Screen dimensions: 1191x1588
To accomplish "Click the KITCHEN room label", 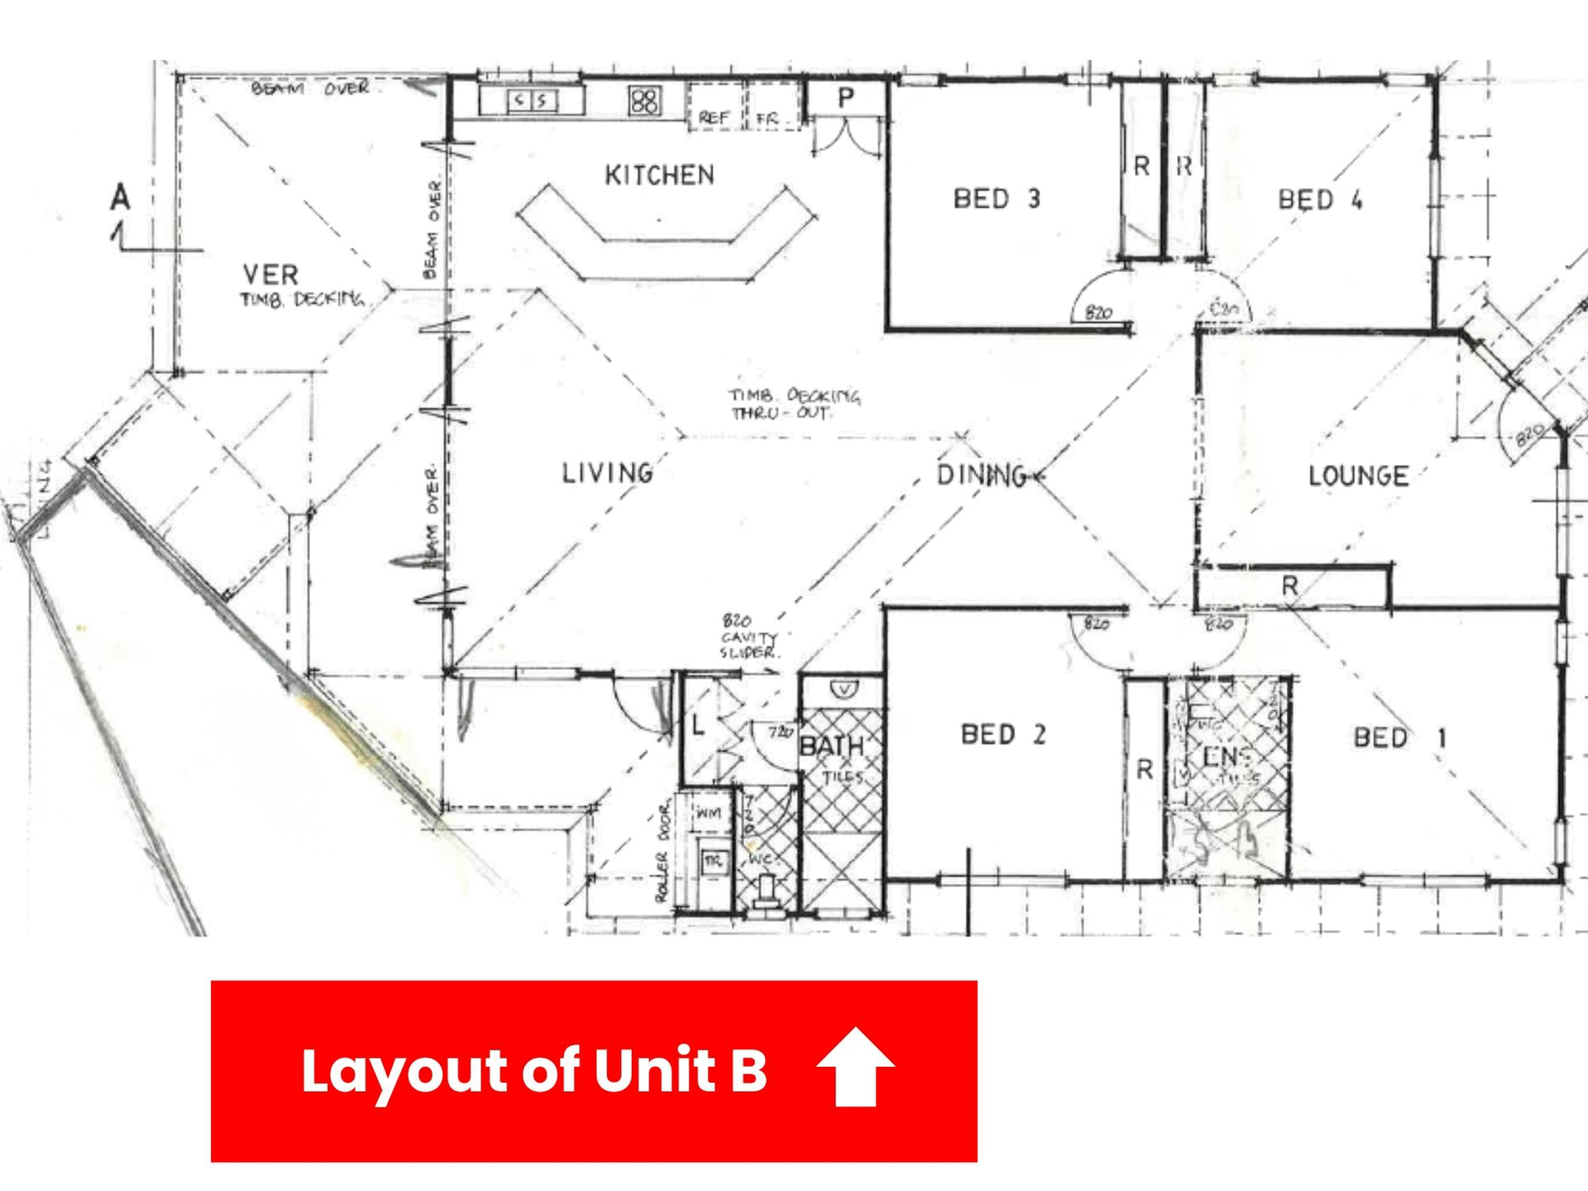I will point(659,175).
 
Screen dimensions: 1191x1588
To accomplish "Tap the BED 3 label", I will point(997,198).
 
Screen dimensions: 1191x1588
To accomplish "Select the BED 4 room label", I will point(1320,199).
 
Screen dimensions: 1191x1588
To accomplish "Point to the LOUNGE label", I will point(1358,476).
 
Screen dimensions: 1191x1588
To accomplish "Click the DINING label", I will point(983,475).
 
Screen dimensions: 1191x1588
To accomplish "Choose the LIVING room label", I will point(608,473).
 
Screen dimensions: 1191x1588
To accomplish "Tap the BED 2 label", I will point(1003,734).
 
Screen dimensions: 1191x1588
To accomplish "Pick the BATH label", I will point(832,746).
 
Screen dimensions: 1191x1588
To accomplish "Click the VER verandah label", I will point(270,275).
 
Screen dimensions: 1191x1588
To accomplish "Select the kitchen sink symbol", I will point(531,101).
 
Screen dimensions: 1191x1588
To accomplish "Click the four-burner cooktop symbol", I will point(644,101).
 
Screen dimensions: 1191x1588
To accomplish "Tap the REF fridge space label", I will point(714,118).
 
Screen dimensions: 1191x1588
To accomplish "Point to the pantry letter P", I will point(845,98).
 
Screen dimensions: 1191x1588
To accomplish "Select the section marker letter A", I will point(121,198).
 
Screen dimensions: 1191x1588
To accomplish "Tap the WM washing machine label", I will point(708,814).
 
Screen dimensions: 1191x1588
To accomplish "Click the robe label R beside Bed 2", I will point(1145,770).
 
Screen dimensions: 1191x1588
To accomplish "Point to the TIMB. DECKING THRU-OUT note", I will point(794,404).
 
